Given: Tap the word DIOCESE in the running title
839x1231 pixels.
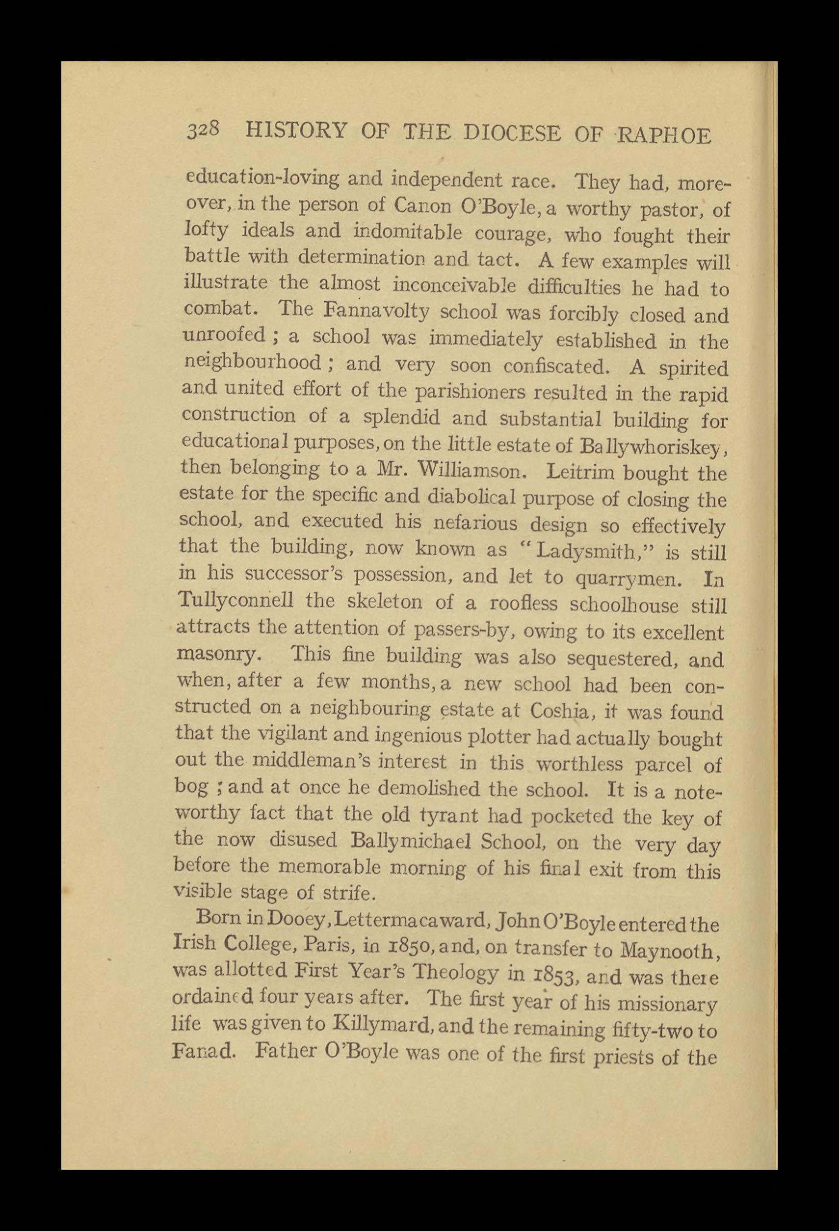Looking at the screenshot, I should (512, 132).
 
